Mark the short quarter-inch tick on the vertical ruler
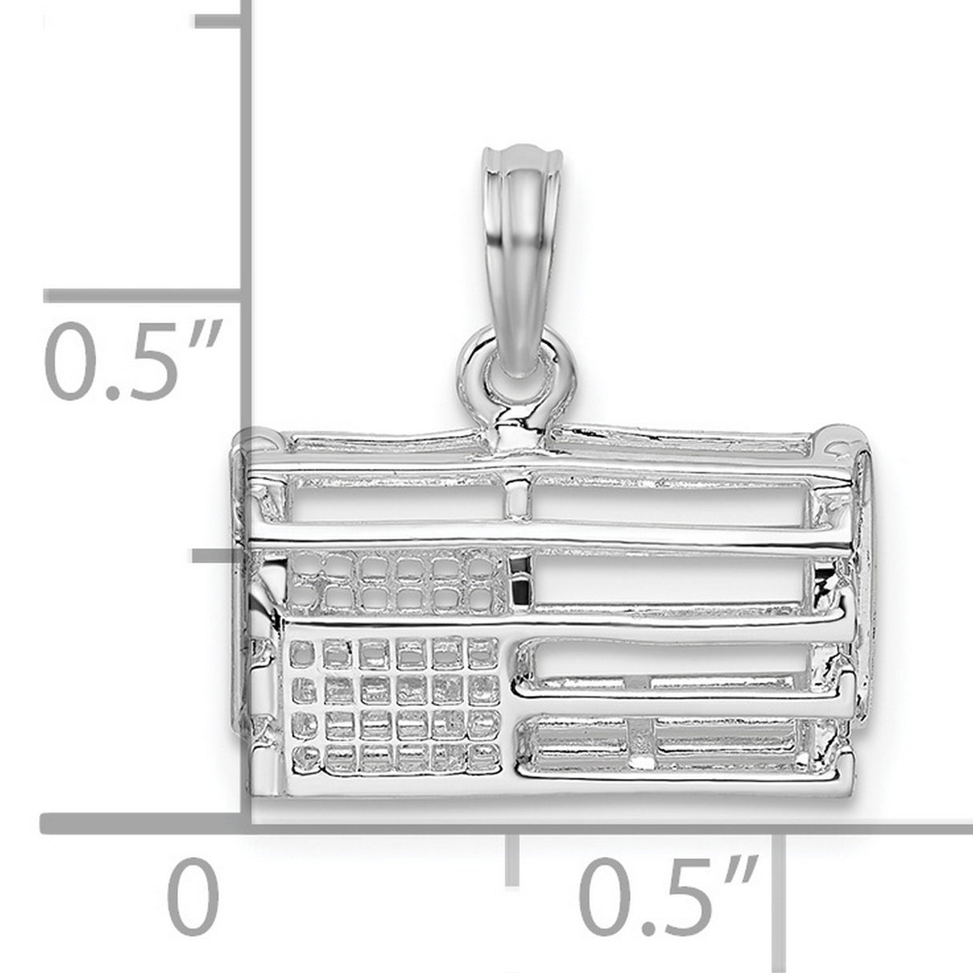pyautogui.click(x=216, y=555)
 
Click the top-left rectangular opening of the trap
pyautogui.click(x=397, y=512)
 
